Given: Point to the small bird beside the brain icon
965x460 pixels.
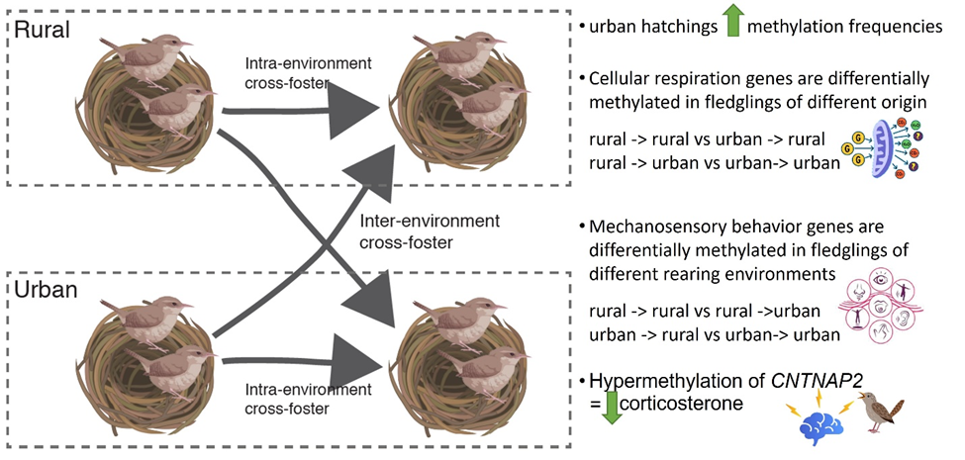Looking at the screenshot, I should point(884,412).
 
